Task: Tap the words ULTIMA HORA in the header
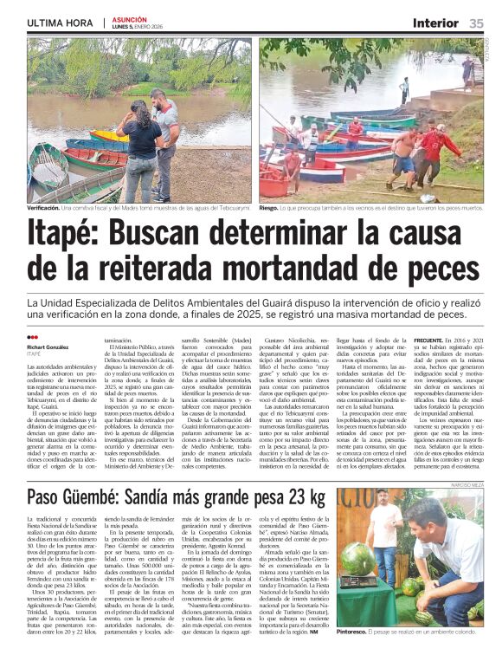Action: click(60, 23)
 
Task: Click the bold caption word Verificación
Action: click(43, 208)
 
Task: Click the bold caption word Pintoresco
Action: click(361, 636)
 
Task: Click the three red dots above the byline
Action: click(32, 338)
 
